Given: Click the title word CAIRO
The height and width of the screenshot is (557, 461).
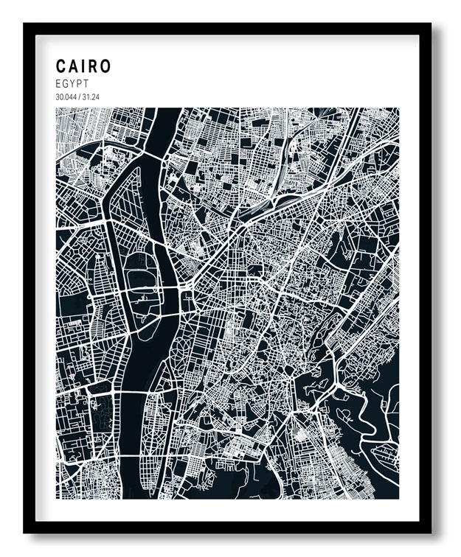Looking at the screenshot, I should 83,66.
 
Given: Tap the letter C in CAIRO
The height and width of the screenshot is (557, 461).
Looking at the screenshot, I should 61,66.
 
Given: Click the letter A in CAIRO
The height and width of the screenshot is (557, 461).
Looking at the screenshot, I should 74,66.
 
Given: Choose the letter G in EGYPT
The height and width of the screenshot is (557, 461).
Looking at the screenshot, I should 65,84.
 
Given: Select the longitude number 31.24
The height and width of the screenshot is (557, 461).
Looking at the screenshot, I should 91,97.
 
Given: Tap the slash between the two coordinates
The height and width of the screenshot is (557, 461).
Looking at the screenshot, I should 80,97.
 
